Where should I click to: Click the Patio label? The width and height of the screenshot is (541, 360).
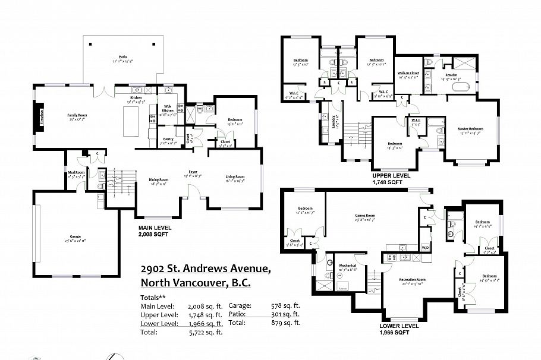[122, 58]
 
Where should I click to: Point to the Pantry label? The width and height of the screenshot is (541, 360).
[168, 140]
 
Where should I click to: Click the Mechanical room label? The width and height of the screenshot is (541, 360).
[348, 266]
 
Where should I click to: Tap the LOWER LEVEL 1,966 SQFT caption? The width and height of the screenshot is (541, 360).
[401, 329]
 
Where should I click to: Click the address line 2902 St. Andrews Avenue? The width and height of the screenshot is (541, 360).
[206, 269]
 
